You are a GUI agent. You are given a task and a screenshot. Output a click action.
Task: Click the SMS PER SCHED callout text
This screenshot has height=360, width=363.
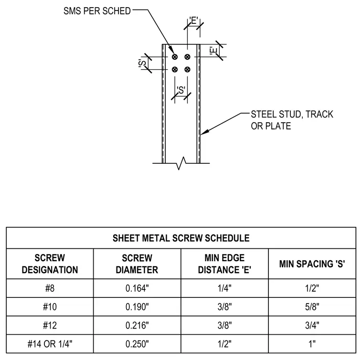(x=97, y=11)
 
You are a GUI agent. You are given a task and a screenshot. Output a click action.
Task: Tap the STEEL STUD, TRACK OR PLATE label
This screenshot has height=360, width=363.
(x=292, y=120)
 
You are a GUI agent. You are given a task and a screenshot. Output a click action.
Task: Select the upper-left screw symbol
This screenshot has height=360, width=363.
(x=175, y=57)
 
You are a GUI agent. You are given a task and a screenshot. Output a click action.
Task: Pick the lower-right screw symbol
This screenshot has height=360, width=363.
(x=187, y=69)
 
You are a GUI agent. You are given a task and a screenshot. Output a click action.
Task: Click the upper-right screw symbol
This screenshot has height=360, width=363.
(x=187, y=57)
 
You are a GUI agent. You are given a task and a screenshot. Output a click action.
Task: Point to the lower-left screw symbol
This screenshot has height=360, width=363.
(x=175, y=69)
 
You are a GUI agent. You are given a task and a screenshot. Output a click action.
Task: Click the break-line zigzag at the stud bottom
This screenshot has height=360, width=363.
(x=181, y=163)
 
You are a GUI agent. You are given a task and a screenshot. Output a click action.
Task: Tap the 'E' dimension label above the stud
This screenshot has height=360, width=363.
(x=194, y=21)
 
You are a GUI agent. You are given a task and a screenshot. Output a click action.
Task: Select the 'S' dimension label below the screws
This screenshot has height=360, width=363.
(x=181, y=90)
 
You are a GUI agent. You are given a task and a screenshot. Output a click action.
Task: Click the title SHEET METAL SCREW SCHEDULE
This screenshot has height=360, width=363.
(x=181, y=238)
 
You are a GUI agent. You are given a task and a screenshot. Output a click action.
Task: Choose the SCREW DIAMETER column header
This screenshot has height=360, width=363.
(x=137, y=264)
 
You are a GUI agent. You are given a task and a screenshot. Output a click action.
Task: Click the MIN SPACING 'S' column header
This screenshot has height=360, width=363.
(x=312, y=264)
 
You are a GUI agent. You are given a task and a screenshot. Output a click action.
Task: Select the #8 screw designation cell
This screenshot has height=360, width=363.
(x=50, y=288)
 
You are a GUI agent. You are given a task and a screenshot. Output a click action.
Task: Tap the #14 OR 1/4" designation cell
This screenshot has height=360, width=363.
(x=50, y=344)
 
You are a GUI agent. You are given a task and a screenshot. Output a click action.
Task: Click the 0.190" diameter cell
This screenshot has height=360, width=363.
(x=137, y=307)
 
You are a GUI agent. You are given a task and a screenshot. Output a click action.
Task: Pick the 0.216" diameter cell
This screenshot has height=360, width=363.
(x=137, y=325)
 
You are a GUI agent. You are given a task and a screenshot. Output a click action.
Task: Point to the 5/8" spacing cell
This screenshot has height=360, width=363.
(x=312, y=307)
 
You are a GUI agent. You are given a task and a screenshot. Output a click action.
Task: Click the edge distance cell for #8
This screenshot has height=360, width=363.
(x=224, y=288)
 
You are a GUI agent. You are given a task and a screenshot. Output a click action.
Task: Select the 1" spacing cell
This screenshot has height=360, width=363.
(x=312, y=344)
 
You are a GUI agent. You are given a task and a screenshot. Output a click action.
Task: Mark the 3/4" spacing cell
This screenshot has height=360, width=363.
(x=312, y=325)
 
